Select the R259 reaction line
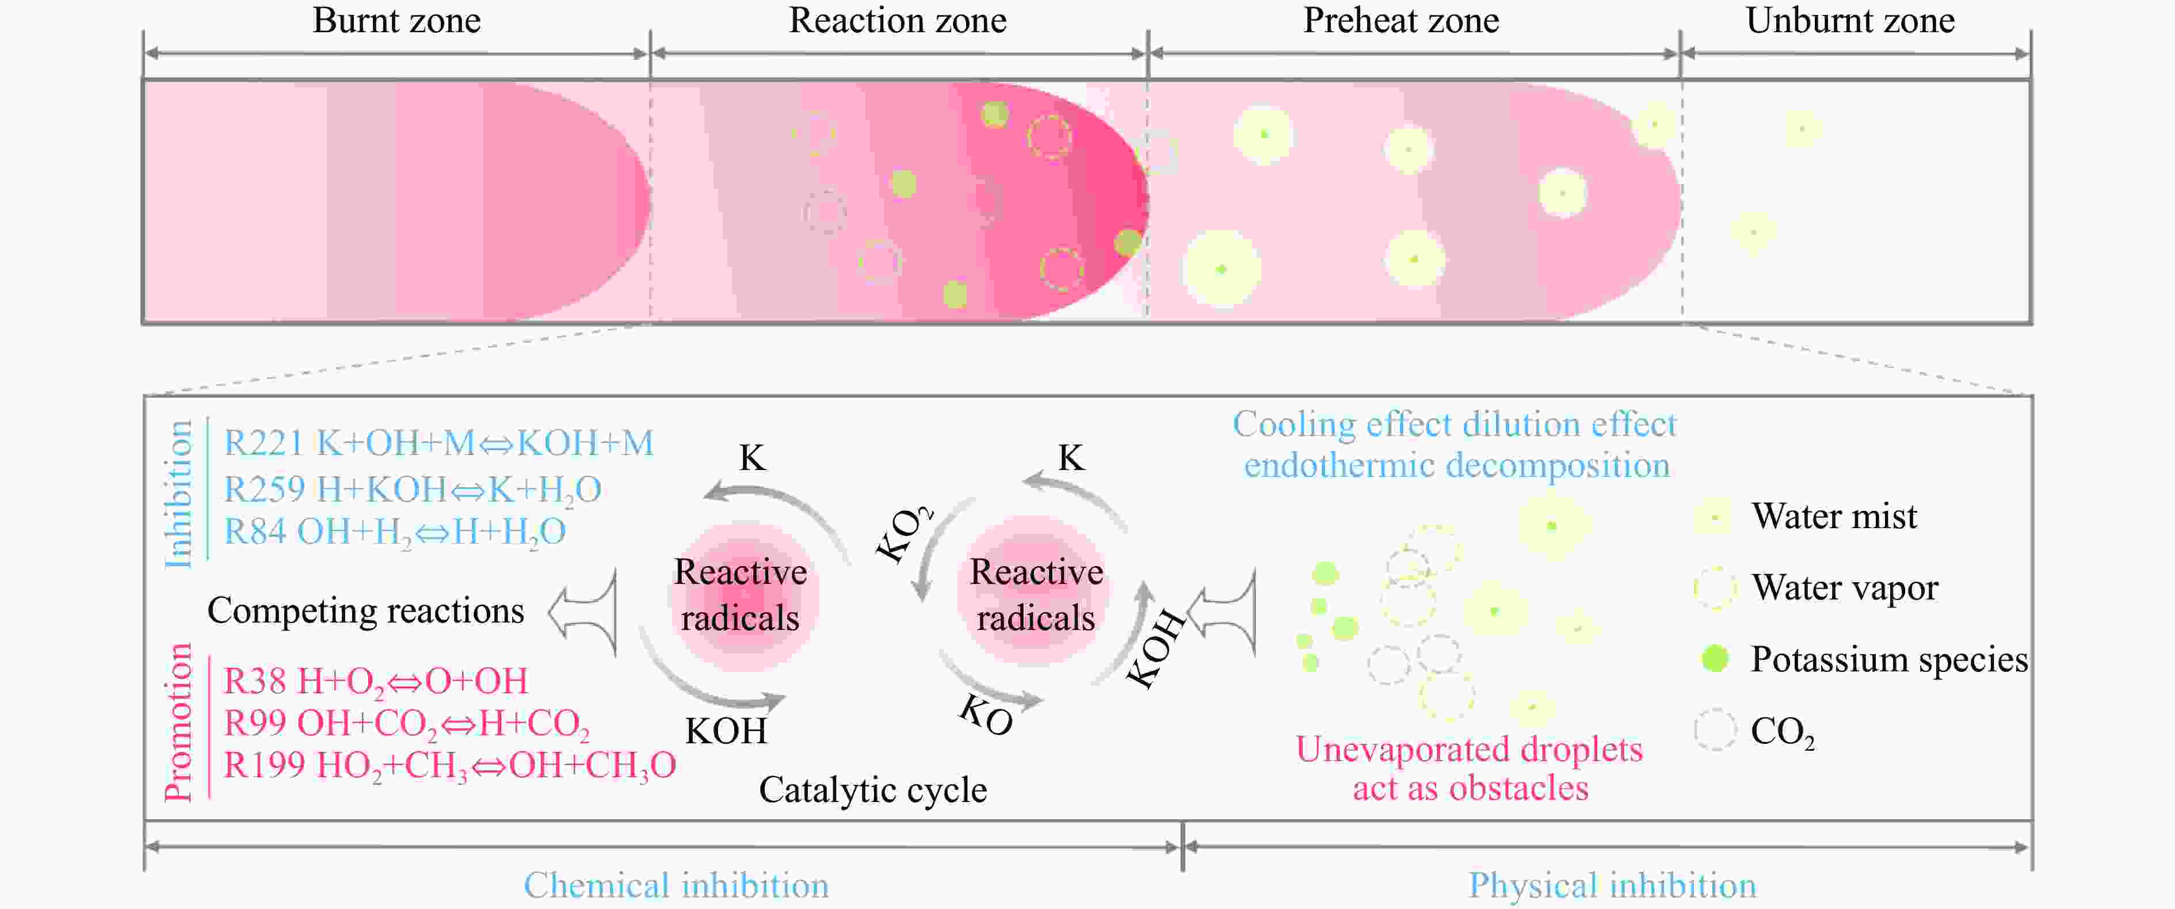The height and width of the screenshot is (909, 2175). point(412,490)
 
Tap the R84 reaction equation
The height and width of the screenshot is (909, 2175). point(394,532)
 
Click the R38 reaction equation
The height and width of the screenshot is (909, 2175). point(376,682)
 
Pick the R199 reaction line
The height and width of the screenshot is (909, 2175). point(449,766)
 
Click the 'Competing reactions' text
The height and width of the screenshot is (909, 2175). point(365,610)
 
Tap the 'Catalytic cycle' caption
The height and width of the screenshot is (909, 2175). point(872,790)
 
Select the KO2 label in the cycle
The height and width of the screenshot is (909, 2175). point(903,534)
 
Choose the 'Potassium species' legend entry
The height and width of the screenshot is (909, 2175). point(1888,659)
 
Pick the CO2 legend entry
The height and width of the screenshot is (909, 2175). point(1781,731)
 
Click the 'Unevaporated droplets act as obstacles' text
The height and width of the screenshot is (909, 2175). point(1469,768)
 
